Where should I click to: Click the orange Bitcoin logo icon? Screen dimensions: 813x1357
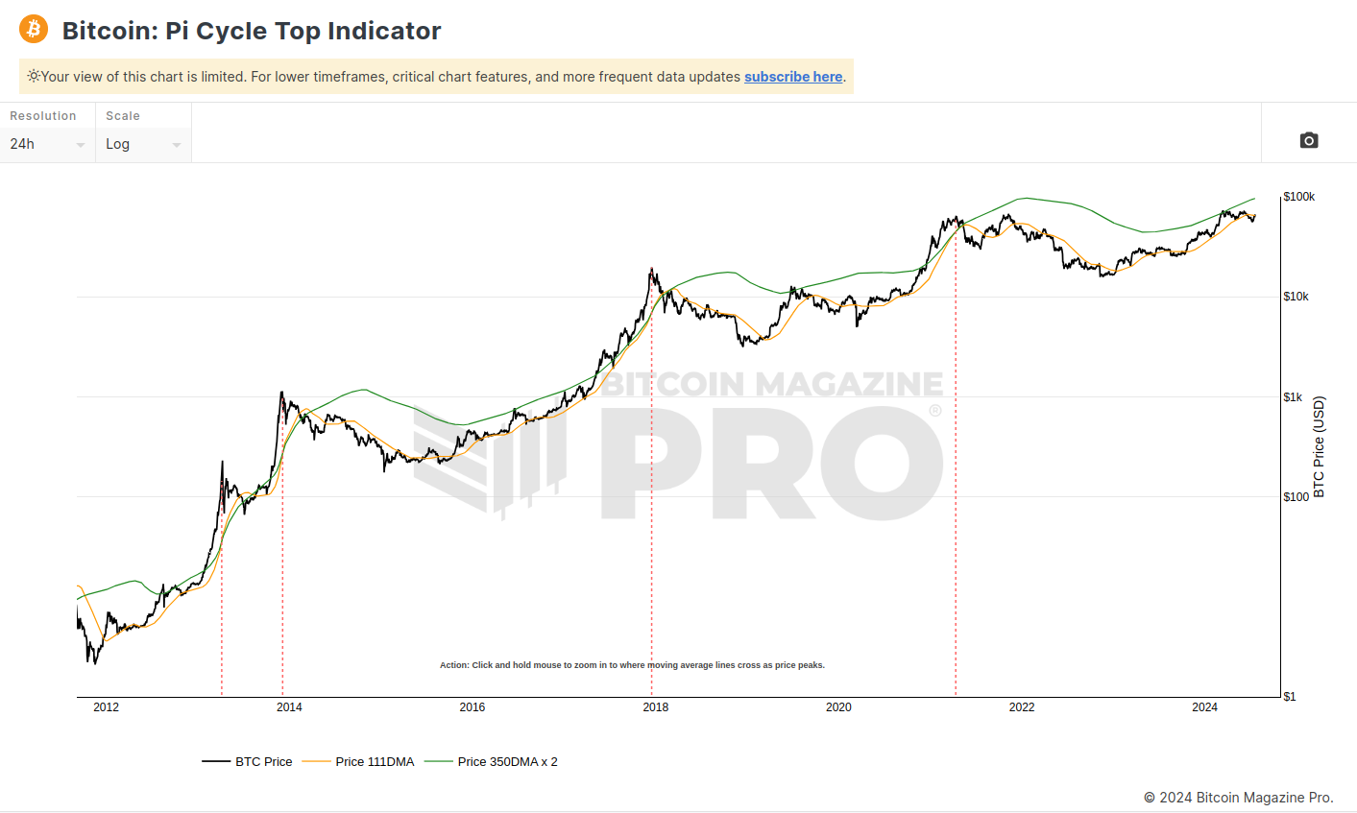tap(34, 30)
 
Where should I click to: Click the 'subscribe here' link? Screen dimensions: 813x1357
tap(792, 77)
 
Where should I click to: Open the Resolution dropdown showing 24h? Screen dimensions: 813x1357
tap(46, 144)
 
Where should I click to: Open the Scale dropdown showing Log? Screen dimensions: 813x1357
tap(142, 144)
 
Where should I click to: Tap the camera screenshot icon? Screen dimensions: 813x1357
tap(1308, 141)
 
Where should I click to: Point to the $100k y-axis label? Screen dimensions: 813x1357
tap(1298, 197)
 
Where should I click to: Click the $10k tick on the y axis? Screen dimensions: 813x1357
tap(1296, 297)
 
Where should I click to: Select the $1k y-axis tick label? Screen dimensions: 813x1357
tap(1293, 396)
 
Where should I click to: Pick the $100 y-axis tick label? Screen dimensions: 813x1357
tap(1296, 497)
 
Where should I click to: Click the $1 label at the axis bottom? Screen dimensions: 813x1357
tap(1290, 697)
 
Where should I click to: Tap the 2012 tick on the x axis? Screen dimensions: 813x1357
tap(106, 707)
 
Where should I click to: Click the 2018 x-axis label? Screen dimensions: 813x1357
tap(656, 707)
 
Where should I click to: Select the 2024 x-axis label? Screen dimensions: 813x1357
tap(1204, 707)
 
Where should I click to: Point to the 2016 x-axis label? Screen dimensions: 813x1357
tap(473, 707)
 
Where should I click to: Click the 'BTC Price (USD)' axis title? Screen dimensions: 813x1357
tap(1319, 446)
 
